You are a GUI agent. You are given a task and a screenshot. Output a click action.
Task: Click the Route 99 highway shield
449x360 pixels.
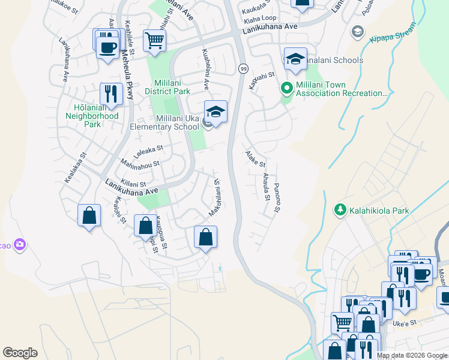pos(243,68)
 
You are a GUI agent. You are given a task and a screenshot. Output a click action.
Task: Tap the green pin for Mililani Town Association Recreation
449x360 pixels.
pos(287,88)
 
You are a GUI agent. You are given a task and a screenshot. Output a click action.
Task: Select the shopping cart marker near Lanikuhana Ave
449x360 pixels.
pos(154,41)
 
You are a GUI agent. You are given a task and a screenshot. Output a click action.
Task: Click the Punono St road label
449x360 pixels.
pos(277,197)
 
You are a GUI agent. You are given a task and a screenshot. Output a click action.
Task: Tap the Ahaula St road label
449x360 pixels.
pos(266,187)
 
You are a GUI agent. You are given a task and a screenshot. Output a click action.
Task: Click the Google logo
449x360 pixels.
pos(20,353)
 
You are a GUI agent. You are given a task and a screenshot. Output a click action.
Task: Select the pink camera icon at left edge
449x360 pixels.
pos(20,244)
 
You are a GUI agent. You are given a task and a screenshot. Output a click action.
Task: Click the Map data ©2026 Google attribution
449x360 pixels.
pos(411,355)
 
